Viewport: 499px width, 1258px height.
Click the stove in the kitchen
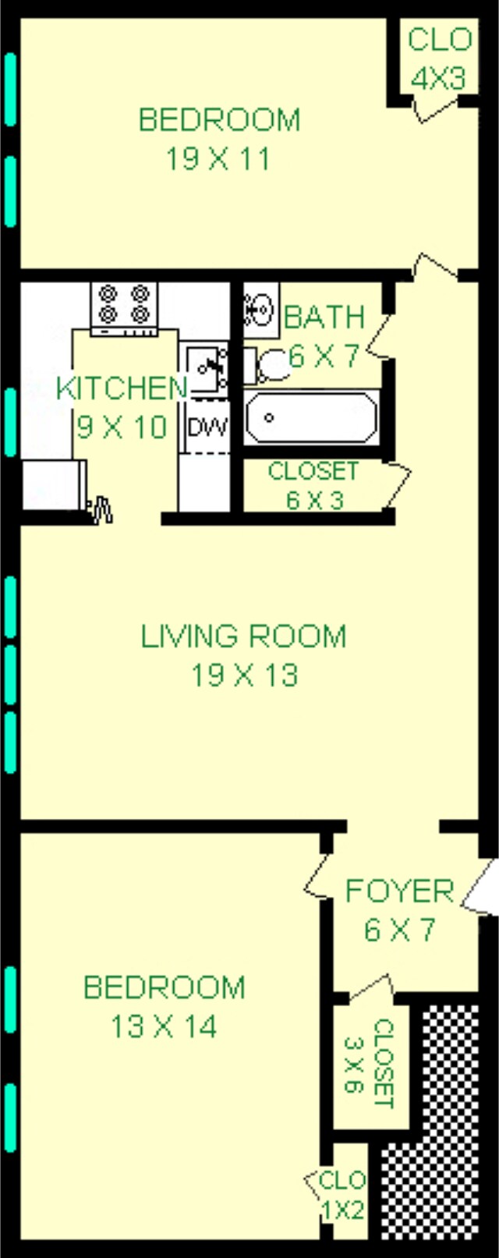click(124, 307)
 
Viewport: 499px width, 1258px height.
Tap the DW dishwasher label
click(207, 427)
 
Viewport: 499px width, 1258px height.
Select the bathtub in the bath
click(311, 417)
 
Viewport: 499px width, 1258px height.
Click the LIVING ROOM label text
click(243, 636)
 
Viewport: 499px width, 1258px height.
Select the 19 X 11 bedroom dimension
click(218, 159)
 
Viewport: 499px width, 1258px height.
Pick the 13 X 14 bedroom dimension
click(163, 1026)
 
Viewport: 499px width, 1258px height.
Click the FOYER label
click(399, 891)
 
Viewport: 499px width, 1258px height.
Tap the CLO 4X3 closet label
click(438, 58)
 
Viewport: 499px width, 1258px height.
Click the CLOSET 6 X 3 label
click(313, 485)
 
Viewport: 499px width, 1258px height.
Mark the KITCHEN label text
click(122, 388)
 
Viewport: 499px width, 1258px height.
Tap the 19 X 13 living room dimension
click(245, 675)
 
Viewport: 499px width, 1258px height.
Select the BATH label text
click(324, 317)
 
